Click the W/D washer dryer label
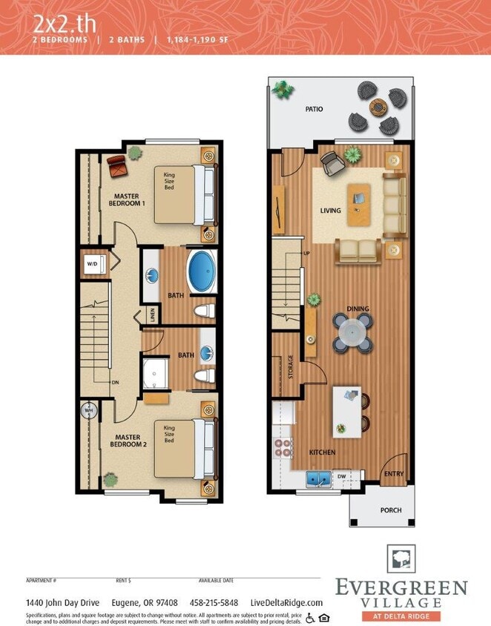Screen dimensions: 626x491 click(92, 263)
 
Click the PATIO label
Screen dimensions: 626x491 click(314, 109)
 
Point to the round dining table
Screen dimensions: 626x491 click(352, 332)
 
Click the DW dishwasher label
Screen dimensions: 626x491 click(341, 477)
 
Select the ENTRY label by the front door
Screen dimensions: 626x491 click(393, 473)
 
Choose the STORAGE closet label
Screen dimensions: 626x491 click(290, 366)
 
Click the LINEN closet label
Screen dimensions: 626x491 click(153, 314)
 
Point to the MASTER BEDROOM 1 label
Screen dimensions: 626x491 click(128, 200)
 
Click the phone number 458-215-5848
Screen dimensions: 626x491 click(214, 602)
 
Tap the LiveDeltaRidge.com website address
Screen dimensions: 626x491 click(286, 602)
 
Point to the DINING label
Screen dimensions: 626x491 click(357, 309)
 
